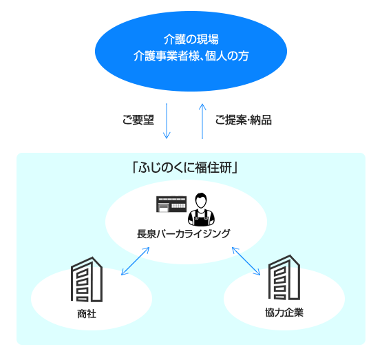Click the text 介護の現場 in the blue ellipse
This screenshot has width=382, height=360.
pyautogui.click(x=191, y=39)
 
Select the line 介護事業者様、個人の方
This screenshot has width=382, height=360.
pyautogui.click(x=191, y=56)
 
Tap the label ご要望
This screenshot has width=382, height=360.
pyautogui.click(x=138, y=120)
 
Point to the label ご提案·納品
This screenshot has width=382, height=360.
pyautogui.click(x=244, y=120)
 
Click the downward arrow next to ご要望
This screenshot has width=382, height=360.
pyautogui.click(x=167, y=121)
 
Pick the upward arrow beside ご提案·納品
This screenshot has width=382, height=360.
pyautogui.click(x=202, y=121)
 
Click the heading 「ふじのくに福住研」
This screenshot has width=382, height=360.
pyautogui.click(x=185, y=167)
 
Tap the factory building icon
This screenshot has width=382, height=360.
pyautogui.click(x=171, y=204)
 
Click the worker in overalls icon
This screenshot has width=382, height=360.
pyautogui.click(x=201, y=209)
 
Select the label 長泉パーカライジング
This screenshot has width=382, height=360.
pyautogui.click(x=184, y=233)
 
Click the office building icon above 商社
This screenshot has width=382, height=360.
pyautogui.click(x=87, y=279)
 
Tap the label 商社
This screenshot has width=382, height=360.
pyautogui.click(x=87, y=314)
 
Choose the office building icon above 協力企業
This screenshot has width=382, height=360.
pyautogui.click(x=284, y=277)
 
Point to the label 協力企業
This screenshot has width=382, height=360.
pyautogui.click(x=284, y=313)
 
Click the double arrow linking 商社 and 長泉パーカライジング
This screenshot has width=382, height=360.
pyautogui.click(x=135, y=261)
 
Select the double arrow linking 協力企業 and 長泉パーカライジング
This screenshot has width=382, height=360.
pyautogui.click(x=246, y=261)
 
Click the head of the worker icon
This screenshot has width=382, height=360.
pyautogui.click(x=201, y=200)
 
